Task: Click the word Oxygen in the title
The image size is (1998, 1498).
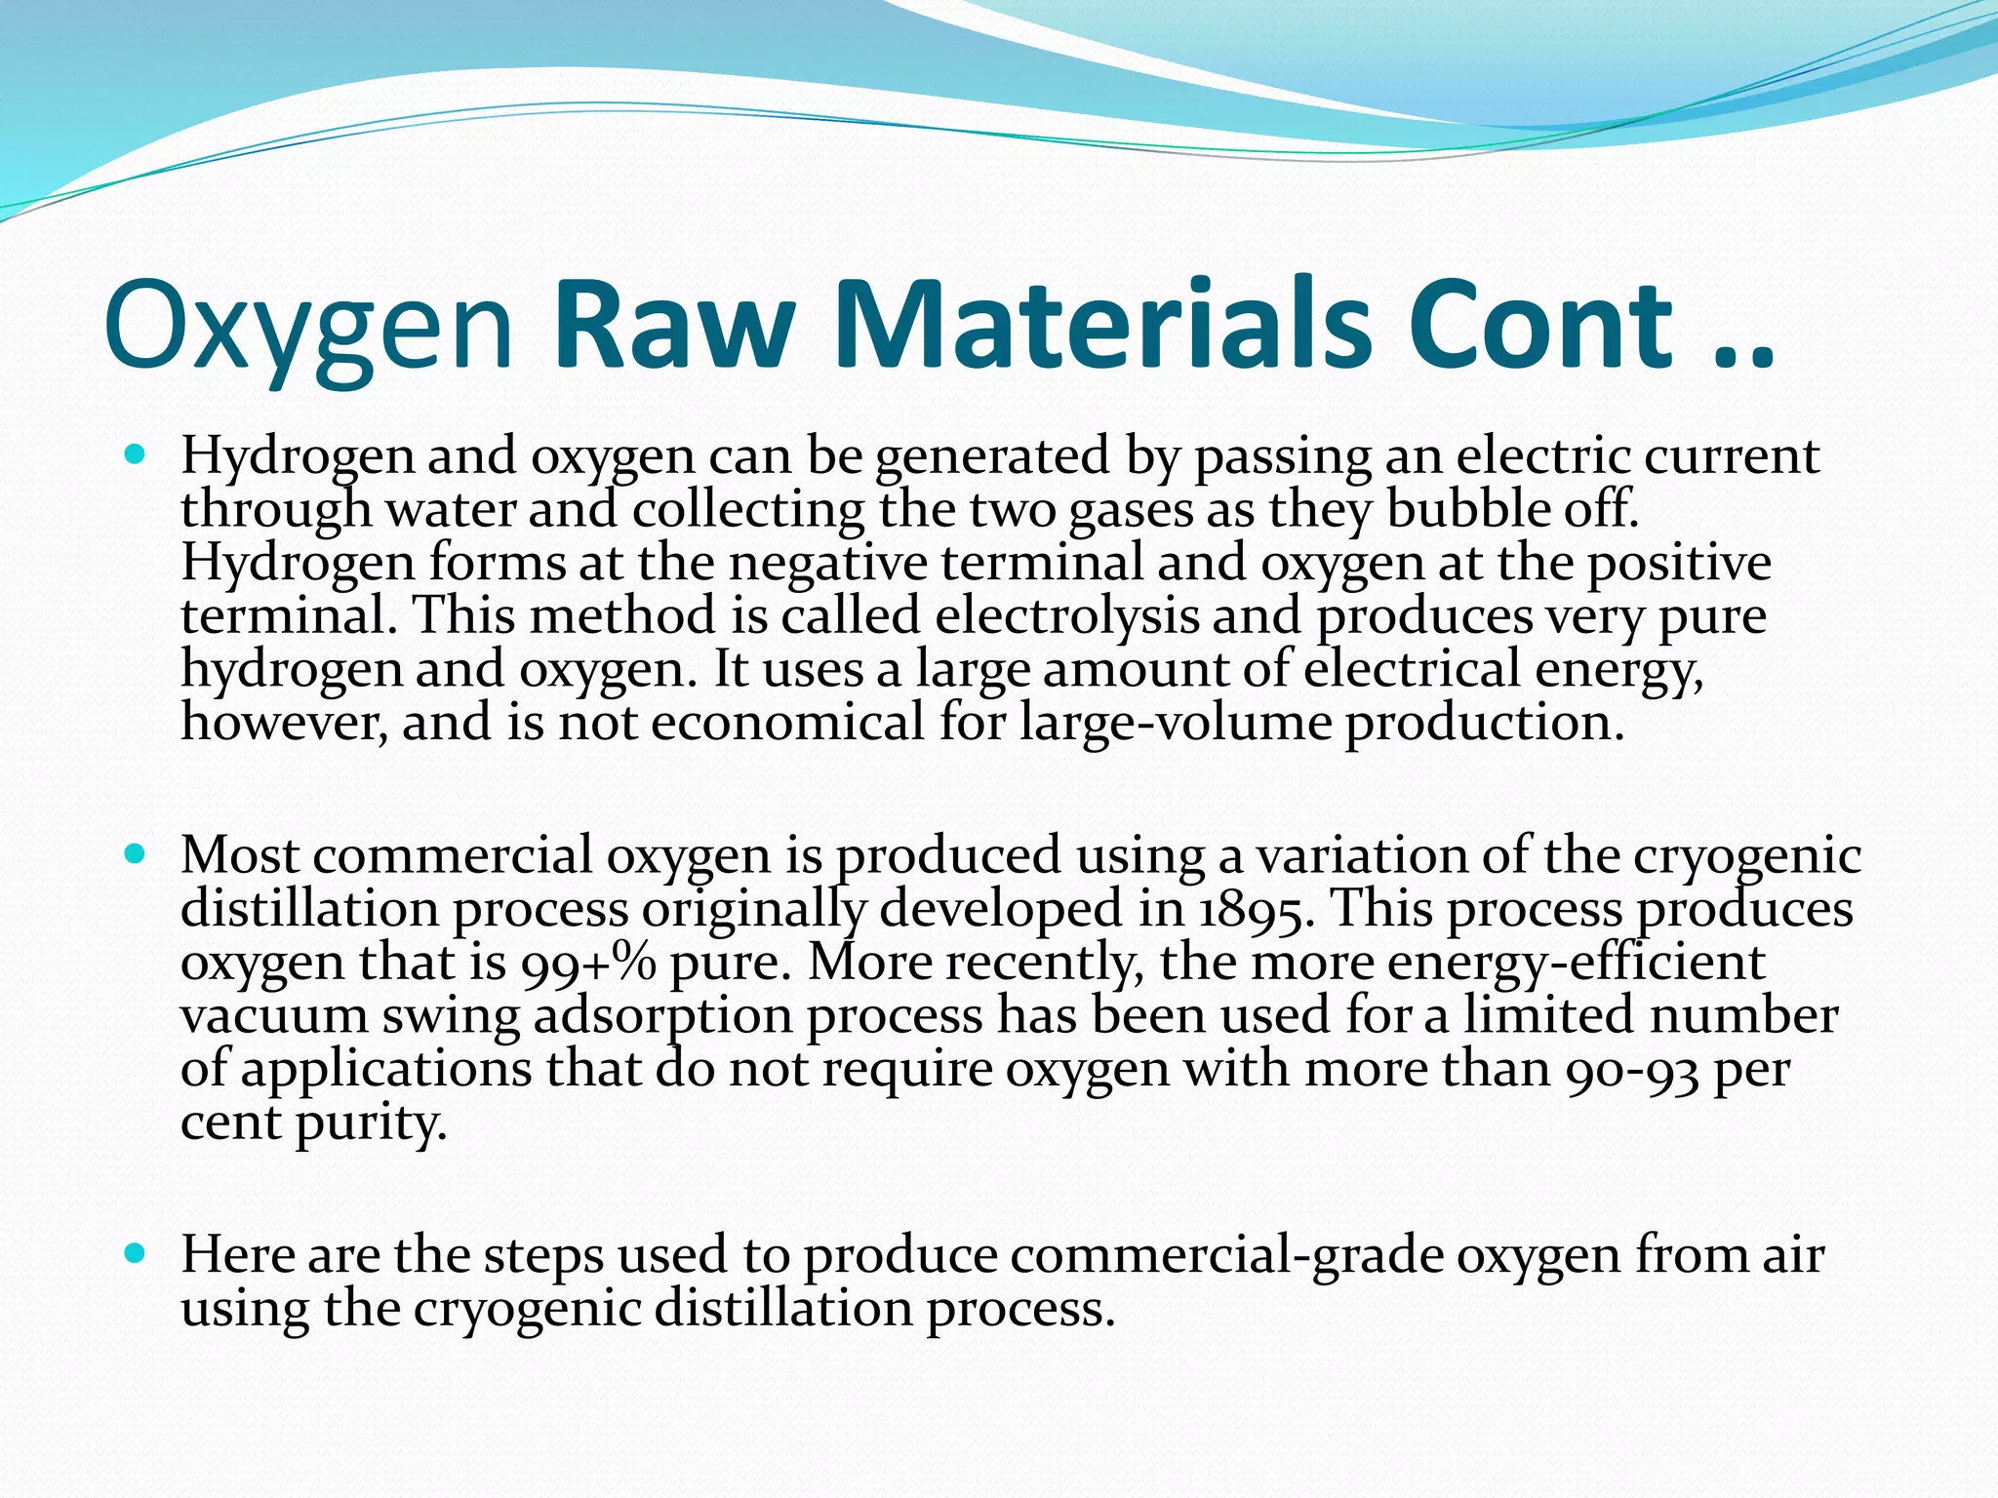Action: point(308,327)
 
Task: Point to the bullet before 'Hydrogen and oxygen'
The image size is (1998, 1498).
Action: point(136,454)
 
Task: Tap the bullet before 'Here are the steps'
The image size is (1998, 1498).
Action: point(136,1253)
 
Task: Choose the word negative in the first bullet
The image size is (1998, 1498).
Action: point(838,563)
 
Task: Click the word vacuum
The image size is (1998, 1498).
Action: point(274,1015)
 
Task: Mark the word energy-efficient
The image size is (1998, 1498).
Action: point(1576,963)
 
